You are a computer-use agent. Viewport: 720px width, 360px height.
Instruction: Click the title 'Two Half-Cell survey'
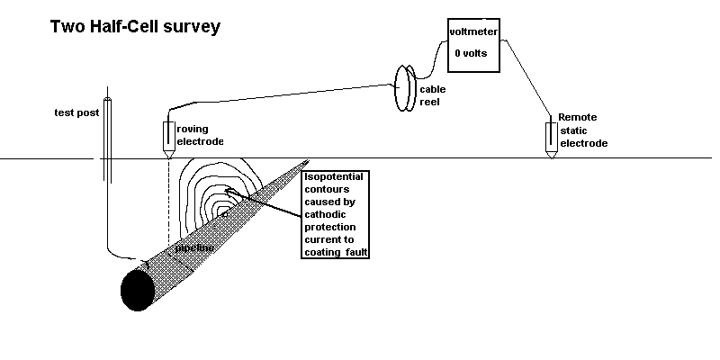click(135, 26)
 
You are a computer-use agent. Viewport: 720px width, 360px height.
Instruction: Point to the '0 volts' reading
click(471, 54)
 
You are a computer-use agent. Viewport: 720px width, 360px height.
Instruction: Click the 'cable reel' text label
click(433, 95)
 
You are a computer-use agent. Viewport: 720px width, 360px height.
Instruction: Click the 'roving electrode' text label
click(199, 135)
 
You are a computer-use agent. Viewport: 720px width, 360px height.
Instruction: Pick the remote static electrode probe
click(551, 138)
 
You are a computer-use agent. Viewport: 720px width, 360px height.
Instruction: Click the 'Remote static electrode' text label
click(582, 130)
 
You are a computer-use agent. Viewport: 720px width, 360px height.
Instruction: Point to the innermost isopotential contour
click(227, 193)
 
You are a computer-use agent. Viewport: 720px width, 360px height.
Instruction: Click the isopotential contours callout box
click(337, 214)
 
